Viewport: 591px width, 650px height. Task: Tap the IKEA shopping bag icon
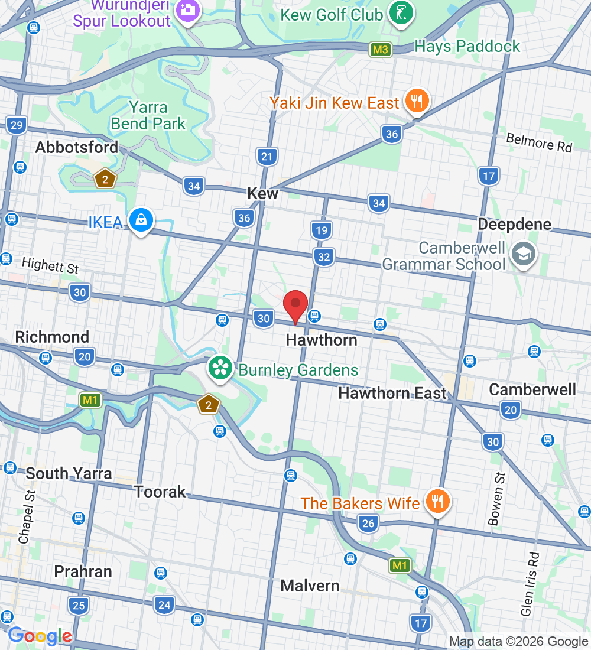click(x=142, y=220)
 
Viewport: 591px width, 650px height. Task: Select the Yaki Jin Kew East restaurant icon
click(x=417, y=101)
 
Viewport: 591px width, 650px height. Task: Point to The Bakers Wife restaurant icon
click(x=437, y=502)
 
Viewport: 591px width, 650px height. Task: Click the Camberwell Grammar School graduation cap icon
click(x=524, y=254)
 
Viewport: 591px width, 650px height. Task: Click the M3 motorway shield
click(x=381, y=50)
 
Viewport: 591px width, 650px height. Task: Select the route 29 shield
click(x=17, y=125)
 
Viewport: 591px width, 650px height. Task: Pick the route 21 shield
click(x=267, y=157)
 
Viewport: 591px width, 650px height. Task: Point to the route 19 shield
click(x=321, y=230)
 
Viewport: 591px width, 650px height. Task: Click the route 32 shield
click(x=323, y=257)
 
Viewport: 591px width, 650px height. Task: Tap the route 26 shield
click(x=368, y=523)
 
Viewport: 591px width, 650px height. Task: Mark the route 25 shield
click(x=78, y=605)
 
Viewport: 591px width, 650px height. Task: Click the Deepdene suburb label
click(x=514, y=225)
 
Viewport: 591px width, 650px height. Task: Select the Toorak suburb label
click(x=160, y=492)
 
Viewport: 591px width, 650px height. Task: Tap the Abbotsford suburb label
click(x=77, y=147)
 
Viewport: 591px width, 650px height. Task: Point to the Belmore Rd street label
click(x=539, y=142)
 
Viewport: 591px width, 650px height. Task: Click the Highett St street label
click(x=50, y=265)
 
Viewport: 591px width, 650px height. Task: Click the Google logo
click(x=40, y=636)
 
